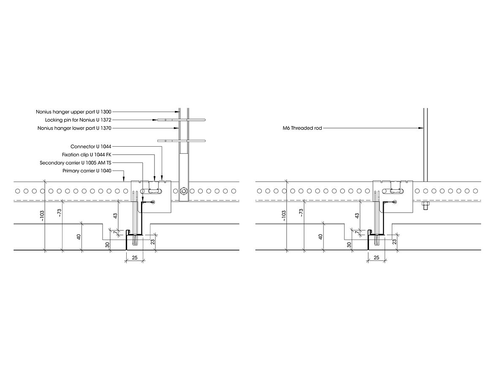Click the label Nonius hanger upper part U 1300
click(73, 112)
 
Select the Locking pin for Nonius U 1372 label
click(78, 120)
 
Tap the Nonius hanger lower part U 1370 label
click(74, 128)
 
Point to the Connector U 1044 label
click(91, 147)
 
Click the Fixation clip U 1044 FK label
click(87, 155)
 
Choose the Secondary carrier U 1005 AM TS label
click(75, 163)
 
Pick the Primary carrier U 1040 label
click(87, 171)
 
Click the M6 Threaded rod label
click(302, 128)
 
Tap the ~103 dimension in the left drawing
click(42, 216)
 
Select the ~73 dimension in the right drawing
click(301, 213)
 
